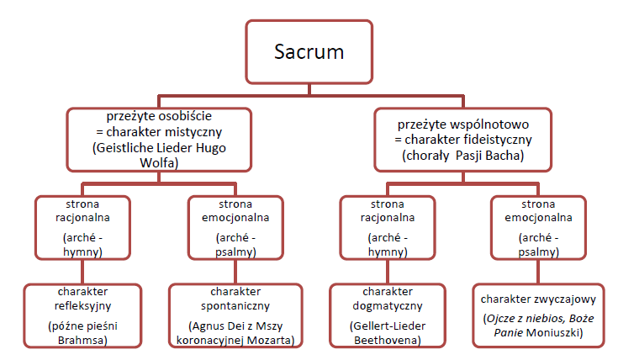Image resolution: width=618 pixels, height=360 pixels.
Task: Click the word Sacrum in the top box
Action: [309, 51]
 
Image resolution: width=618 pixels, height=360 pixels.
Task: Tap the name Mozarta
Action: [271, 339]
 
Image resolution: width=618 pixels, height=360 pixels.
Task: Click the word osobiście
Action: [191, 116]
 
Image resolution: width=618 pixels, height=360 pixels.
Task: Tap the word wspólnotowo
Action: [505, 124]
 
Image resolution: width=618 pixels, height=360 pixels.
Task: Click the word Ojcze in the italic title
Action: [501, 315]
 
